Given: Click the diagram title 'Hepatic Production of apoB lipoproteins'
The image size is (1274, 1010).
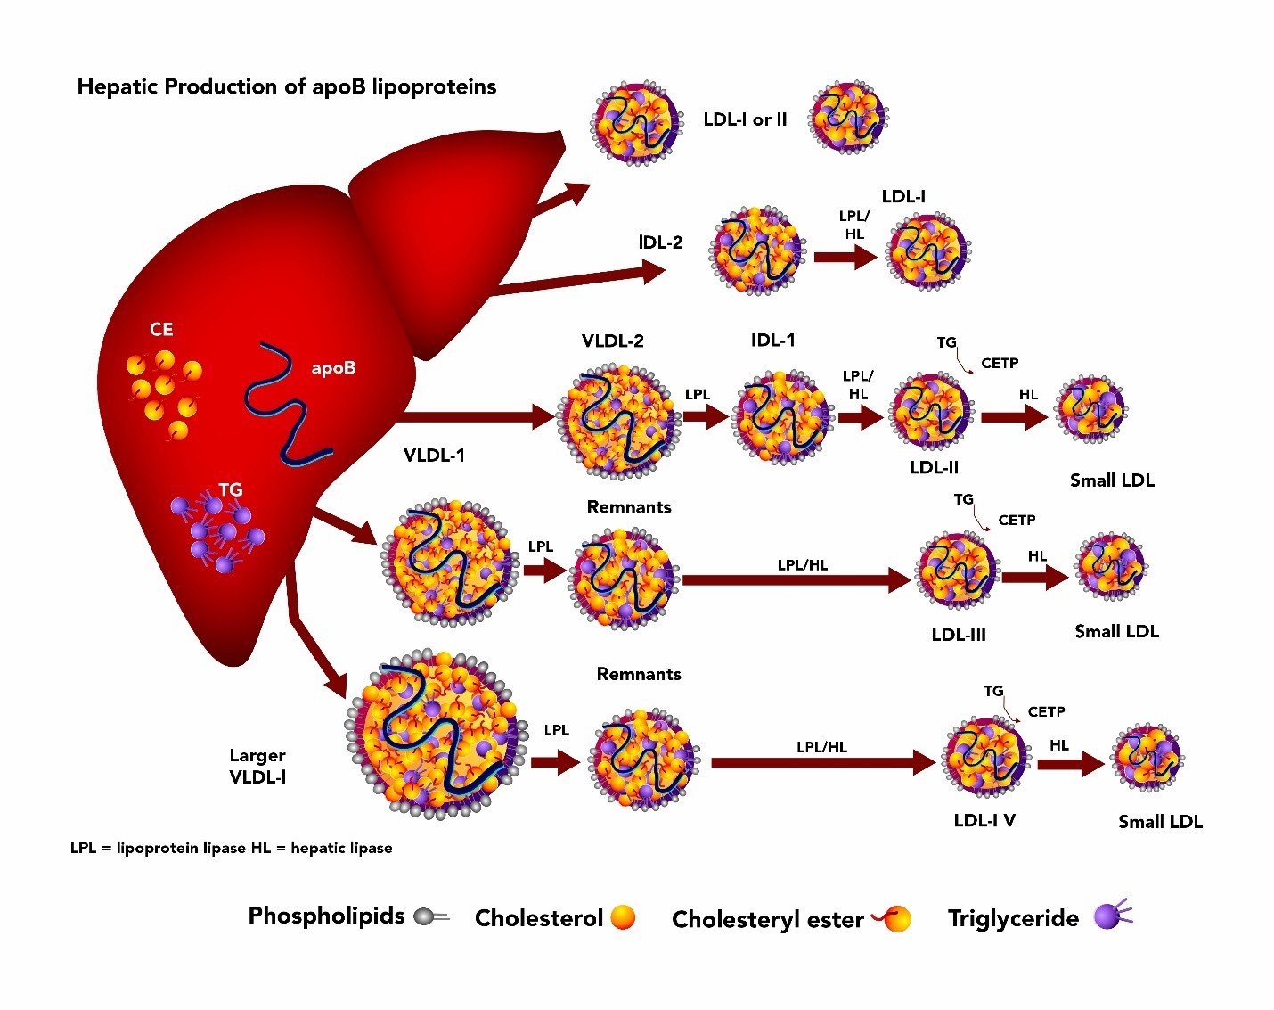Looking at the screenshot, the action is tap(287, 87).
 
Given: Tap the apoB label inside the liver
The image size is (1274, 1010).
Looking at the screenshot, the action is tap(333, 368).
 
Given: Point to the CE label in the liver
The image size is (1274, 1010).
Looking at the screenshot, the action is tap(161, 329).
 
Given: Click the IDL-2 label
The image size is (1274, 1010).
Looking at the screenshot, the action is tap(660, 242).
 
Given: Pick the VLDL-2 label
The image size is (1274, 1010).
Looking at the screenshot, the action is tap(612, 341).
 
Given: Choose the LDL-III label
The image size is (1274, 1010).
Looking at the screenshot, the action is tap(959, 635).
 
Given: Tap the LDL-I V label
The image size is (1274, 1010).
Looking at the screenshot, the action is tap(984, 820).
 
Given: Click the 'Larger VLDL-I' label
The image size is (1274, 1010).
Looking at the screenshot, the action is tap(257, 766).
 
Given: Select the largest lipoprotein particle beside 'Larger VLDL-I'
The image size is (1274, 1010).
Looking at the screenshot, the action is tap(437, 734).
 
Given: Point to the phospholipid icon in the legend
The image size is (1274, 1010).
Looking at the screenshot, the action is tap(432, 917).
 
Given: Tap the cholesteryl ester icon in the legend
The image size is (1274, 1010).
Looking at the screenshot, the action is tap(891, 919).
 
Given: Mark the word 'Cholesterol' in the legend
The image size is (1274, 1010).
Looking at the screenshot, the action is tap(538, 917).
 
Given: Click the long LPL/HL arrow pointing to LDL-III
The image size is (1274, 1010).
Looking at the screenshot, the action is tap(796, 579).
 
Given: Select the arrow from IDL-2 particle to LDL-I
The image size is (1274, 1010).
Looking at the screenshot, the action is tap(845, 257).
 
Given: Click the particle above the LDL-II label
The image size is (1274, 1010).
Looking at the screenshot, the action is tap(932, 412).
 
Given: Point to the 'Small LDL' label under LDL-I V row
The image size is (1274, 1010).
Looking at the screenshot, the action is tap(1160, 822).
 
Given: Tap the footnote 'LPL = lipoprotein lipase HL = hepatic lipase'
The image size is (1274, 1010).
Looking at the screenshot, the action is tap(231, 848).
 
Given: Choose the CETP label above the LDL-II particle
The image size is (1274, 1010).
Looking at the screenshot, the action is tap(1000, 363).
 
